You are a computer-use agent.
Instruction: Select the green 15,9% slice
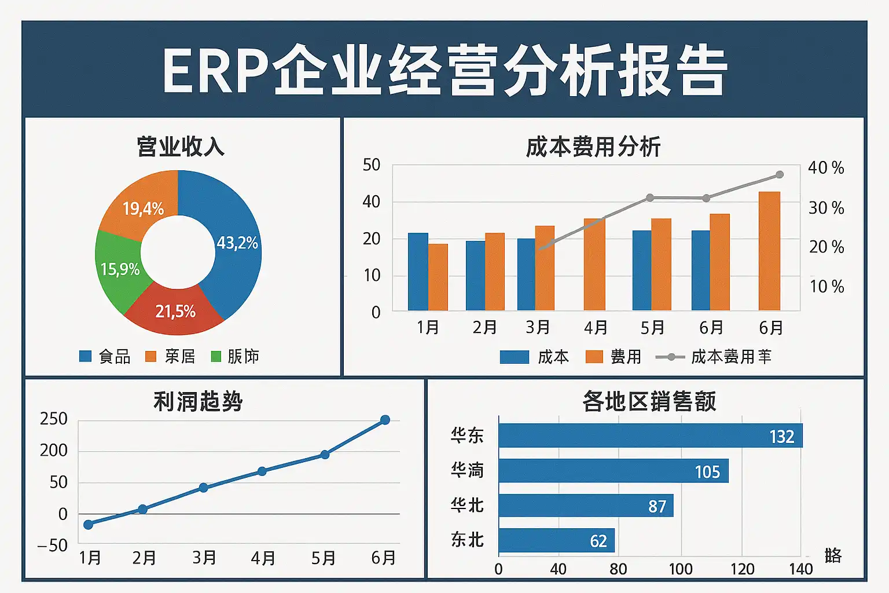[119, 269]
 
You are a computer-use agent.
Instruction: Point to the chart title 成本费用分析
[593, 147]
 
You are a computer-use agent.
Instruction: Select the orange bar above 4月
[594, 264]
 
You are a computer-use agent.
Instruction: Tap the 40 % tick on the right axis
[826, 168]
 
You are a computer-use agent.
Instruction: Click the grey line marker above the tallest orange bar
[780, 175]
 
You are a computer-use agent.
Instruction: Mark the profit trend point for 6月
[385, 420]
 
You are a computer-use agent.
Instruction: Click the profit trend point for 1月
[89, 525]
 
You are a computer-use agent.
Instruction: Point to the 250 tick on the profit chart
[54, 419]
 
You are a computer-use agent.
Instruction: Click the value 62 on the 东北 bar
[598, 541]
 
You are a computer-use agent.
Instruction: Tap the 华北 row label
[467, 505]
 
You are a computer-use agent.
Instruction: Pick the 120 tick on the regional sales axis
[742, 569]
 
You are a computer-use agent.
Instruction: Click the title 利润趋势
[198, 401]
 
